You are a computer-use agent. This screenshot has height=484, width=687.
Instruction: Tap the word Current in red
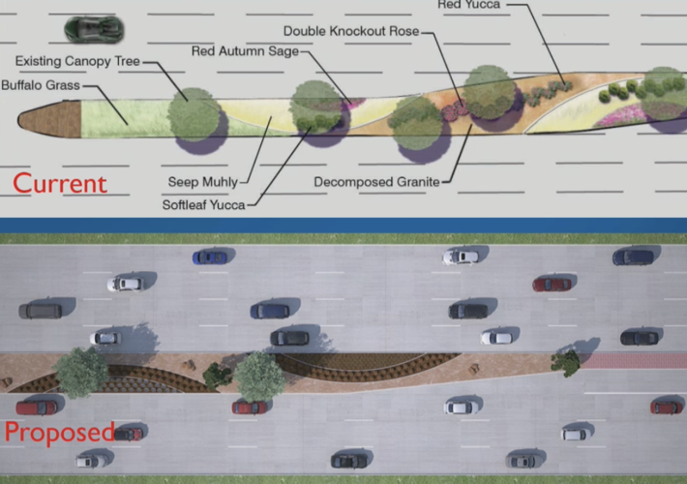point(59,182)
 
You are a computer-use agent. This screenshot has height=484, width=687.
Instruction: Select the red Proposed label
point(59,432)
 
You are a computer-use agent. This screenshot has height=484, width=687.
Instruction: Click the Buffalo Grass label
point(41,84)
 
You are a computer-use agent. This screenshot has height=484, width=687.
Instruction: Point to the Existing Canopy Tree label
point(84,63)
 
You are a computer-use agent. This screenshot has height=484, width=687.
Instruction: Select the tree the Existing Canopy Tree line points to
point(194,112)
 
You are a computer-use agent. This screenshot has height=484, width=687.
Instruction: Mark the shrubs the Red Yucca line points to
point(548,93)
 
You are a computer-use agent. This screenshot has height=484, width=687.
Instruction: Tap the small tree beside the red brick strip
point(566,362)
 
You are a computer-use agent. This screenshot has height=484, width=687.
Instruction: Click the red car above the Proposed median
point(552,284)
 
